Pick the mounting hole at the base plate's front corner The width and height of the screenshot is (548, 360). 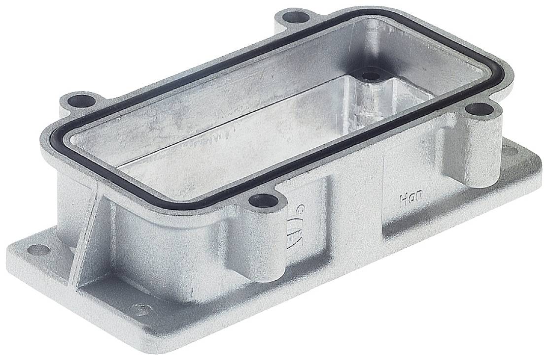coord(140,310)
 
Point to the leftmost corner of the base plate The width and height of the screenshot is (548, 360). coord(11,251)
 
